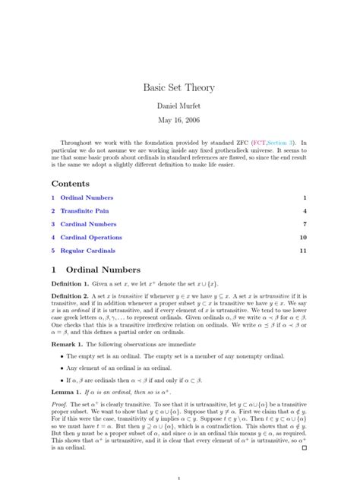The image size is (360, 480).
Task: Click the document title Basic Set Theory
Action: [x=179, y=87]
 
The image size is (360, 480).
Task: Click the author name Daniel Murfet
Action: [x=179, y=106]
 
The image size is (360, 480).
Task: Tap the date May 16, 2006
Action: [x=179, y=121]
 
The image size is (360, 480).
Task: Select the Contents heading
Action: [x=71, y=183]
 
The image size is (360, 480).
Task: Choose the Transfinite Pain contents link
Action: [x=92, y=210]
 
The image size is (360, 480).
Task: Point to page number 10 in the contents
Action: [x=302, y=237]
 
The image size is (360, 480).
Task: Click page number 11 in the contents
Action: [x=302, y=250]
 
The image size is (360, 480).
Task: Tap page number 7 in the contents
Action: [x=305, y=224]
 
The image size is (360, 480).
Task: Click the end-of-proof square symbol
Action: [x=304, y=448]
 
